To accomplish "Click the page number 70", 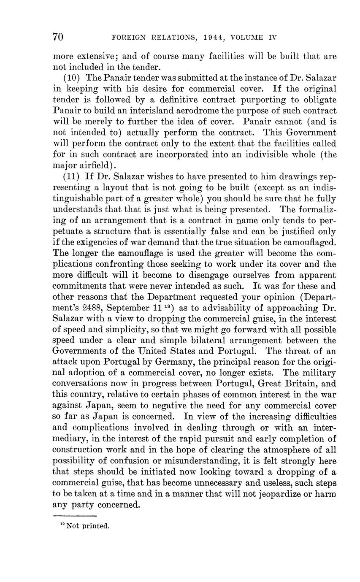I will (58, 37).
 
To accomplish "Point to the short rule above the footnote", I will (75, 516).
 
